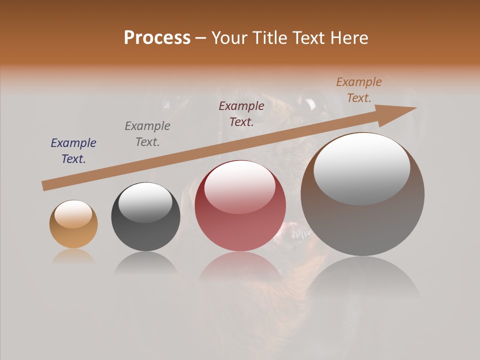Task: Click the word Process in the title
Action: (x=157, y=38)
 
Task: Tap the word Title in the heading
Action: (x=270, y=38)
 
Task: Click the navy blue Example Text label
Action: (x=73, y=151)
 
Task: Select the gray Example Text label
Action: (x=147, y=134)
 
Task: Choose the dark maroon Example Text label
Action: (x=241, y=113)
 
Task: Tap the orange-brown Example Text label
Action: (x=359, y=89)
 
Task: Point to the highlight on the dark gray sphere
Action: (x=145, y=201)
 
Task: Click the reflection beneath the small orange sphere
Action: (x=73, y=256)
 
